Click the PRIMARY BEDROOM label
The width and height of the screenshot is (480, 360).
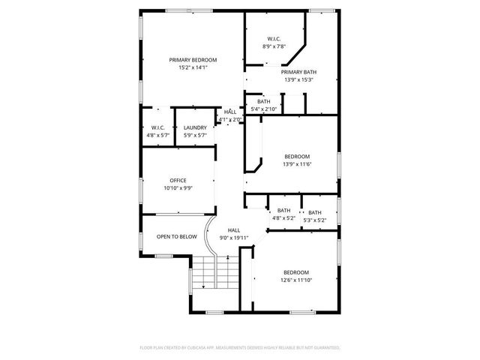pos(193,60)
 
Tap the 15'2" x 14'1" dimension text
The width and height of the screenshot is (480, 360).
pos(193,67)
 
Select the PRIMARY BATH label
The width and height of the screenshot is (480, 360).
pos(299,72)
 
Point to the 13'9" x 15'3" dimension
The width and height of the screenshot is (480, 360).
pos(299,79)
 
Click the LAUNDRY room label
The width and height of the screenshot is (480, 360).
pos(195,127)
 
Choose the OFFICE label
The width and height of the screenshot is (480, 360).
pos(178,180)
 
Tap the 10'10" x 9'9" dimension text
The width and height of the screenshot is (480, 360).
pos(178,187)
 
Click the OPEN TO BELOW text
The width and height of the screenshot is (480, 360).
pos(177,236)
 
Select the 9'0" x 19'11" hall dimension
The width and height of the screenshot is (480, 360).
pos(234,238)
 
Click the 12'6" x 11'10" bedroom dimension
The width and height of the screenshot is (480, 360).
pos(296,280)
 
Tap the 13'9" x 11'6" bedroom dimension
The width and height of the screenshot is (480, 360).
pos(297,163)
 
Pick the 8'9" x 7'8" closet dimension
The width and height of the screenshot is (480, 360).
pos(274,46)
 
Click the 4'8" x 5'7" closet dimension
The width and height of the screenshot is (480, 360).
pos(157,135)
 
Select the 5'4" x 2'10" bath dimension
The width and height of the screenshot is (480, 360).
pos(264,109)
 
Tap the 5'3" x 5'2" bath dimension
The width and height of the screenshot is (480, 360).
pos(315,220)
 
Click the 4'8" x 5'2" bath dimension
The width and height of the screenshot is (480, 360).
pos(283,218)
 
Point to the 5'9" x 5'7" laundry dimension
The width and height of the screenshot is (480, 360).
pos(195,135)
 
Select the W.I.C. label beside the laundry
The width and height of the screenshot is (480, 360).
pos(157,127)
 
